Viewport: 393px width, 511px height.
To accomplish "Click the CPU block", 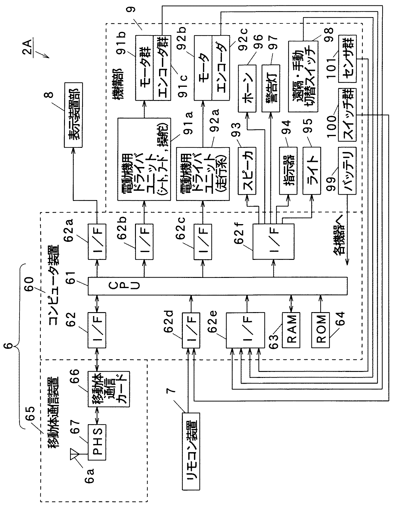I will pos(217,286).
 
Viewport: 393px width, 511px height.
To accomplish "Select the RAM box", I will pos(291,330).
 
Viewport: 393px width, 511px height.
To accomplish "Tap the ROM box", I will pos(320,330).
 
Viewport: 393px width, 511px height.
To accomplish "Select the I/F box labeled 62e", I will pos(245,330).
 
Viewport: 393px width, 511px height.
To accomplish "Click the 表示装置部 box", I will pos(73,118).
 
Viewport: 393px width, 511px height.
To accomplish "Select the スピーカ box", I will pos(247,170).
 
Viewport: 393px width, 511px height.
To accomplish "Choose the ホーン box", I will pos(247,88).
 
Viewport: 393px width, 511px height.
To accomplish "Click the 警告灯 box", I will pos(271,88).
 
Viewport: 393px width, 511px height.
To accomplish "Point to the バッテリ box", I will pos(347,170).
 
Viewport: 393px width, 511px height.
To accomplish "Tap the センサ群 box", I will pos(347,59).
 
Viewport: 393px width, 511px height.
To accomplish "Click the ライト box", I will pos(312,170).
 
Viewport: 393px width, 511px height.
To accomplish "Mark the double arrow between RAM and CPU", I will pos(291,304).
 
